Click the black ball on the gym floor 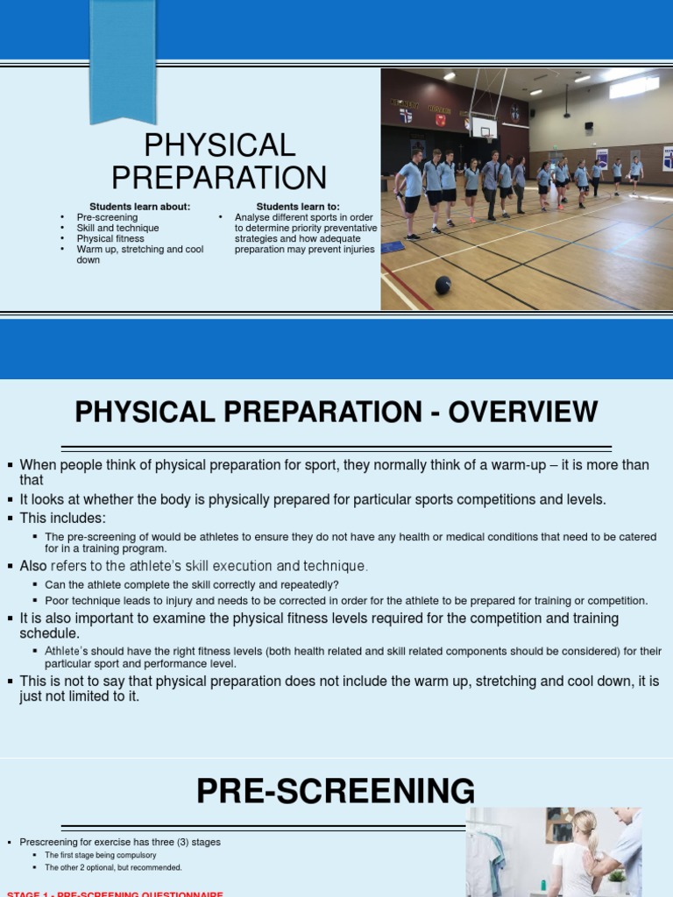click(443, 285)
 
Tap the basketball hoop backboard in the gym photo click(483, 128)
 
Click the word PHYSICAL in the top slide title click(219, 145)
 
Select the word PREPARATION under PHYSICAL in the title click(219, 178)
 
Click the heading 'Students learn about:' click(139, 207)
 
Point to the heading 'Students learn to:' click(298, 207)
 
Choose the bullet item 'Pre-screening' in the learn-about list click(107, 217)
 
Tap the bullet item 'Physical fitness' click(110, 238)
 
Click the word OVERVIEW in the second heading click(523, 412)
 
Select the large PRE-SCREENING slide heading click(336, 791)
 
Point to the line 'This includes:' click(62, 519)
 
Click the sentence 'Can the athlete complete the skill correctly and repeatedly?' click(191, 585)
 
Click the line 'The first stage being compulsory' click(100, 855)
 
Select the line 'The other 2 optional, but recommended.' click(113, 867)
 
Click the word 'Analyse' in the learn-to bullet click(252, 217)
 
